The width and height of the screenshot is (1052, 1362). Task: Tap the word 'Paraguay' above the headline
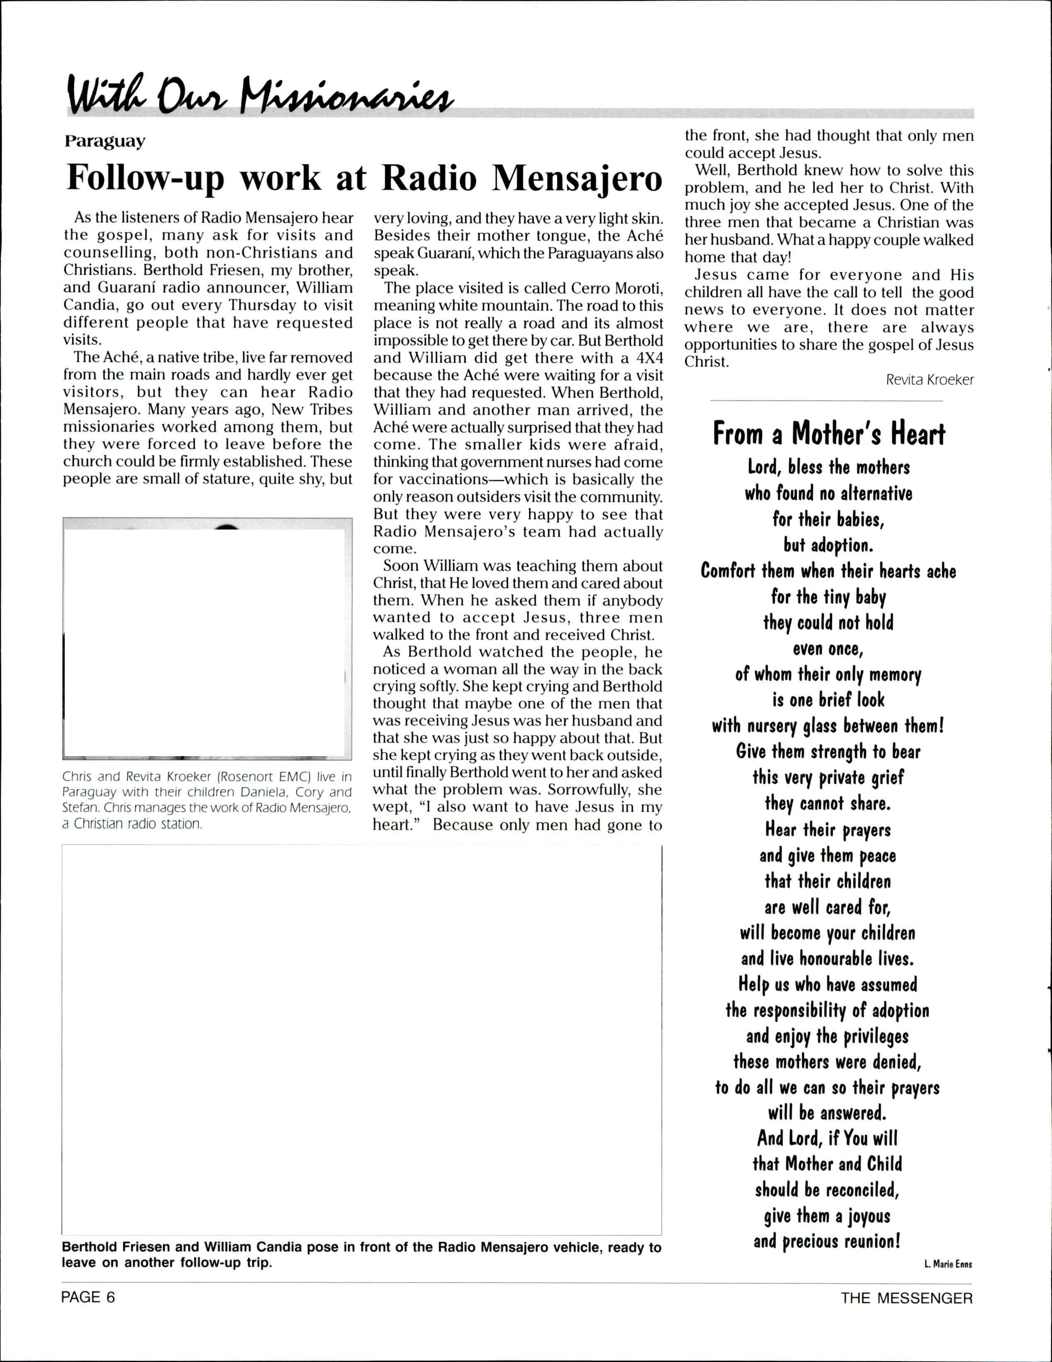[x=105, y=142]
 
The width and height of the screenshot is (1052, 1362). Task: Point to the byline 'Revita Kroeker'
[x=929, y=380]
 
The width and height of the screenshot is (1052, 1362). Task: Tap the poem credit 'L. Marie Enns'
[x=948, y=1264]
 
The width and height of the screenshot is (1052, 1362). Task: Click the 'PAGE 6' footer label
[x=88, y=1298]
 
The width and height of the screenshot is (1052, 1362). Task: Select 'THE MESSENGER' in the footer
[x=906, y=1298]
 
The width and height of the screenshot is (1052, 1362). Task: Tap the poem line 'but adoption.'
[x=828, y=546]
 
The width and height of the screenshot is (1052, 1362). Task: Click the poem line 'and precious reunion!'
[x=827, y=1241]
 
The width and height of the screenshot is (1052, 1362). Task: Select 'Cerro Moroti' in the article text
[x=608, y=288]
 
